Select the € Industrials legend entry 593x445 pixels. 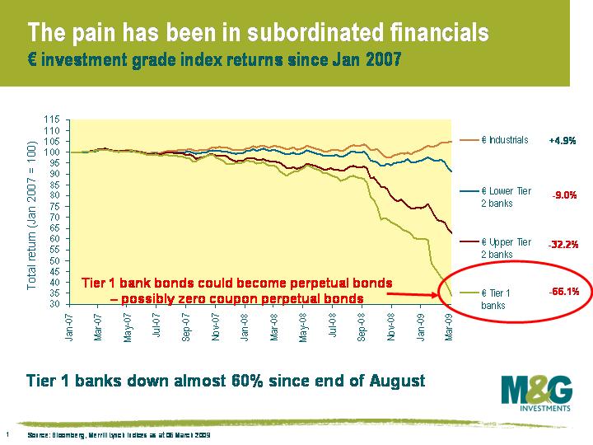point(504,140)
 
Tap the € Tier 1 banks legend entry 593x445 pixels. point(499,299)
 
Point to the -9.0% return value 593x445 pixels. point(564,196)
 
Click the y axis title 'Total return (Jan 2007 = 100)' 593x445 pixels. point(32,213)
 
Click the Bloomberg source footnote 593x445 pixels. point(119,434)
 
